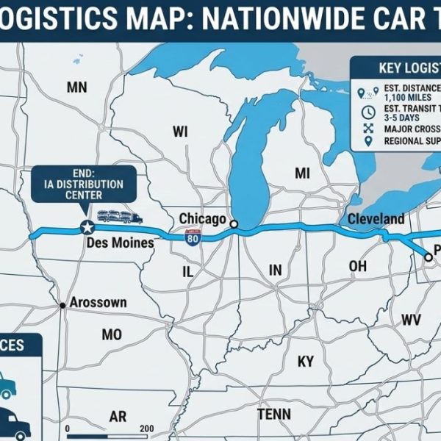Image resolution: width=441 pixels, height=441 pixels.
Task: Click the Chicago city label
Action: (x=202, y=219)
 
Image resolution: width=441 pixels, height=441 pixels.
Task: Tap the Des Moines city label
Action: (x=119, y=243)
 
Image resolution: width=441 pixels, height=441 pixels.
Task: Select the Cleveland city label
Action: (x=376, y=219)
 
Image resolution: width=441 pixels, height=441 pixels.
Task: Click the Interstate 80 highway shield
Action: (x=193, y=239)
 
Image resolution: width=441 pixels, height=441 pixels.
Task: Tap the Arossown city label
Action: (x=98, y=302)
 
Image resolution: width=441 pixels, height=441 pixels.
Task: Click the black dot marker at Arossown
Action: (x=65, y=304)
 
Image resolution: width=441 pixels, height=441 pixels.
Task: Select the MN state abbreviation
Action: (x=76, y=88)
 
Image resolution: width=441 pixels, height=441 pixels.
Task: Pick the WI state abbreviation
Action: (x=181, y=132)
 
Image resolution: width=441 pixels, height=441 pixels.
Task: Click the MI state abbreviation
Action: (x=302, y=173)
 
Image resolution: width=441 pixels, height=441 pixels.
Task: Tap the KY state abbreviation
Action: (x=305, y=362)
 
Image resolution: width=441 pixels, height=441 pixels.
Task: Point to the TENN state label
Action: (x=274, y=415)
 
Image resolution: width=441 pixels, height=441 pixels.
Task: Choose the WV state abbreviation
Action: (x=411, y=319)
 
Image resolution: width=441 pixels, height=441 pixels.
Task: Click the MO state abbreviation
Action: (x=112, y=334)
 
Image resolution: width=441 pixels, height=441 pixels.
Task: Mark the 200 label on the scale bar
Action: (x=146, y=429)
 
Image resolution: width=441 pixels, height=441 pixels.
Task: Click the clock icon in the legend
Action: (x=368, y=113)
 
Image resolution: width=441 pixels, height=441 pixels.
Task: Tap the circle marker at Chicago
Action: (x=234, y=224)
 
